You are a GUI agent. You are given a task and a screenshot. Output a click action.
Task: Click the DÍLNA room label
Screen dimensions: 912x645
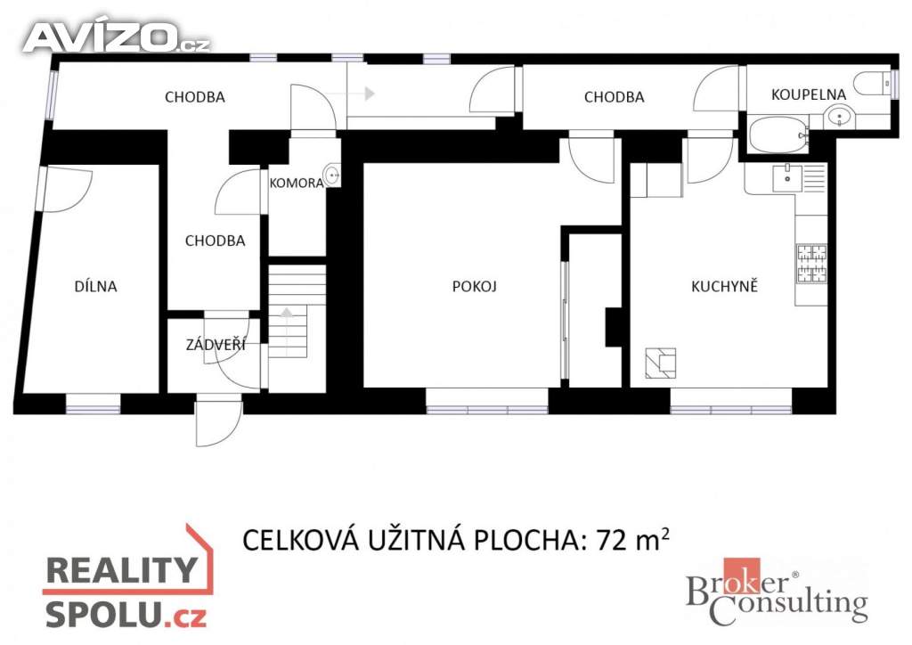pyautogui.click(x=96, y=286)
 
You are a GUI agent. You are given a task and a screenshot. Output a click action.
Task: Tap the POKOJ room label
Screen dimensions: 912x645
pyautogui.click(x=475, y=286)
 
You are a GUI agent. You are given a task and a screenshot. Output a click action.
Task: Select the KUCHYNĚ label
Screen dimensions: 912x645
pyautogui.click(x=724, y=286)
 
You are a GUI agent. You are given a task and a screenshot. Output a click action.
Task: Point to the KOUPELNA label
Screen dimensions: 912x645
pyautogui.click(x=809, y=94)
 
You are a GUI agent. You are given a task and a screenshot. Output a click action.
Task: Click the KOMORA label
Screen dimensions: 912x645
pyautogui.click(x=296, y=184)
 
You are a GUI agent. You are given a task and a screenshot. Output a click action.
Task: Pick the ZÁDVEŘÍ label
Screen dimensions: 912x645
pyautogui.click(x=216, y=344)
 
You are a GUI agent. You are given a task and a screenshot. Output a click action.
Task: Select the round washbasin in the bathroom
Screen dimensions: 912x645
pyautogui.click(x=839, y=117)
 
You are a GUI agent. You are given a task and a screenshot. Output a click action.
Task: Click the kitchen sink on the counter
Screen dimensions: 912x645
pyautogui.click(x=787, y=177)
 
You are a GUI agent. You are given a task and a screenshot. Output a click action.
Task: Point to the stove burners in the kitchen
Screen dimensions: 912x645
pyautogui.click(x=811, y=264)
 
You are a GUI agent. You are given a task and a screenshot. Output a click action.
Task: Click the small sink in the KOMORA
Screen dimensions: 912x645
pyautogui.click(x=333, y=174)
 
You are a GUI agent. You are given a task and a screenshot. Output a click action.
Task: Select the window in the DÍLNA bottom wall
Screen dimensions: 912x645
pyautogui.click(x=93, y=404)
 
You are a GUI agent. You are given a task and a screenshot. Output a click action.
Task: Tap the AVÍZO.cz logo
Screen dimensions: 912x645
pyautogui.click(x=117, y=37)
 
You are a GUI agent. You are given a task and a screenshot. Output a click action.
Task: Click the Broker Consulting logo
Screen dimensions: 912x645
pyautogui.click(x=777, y=592)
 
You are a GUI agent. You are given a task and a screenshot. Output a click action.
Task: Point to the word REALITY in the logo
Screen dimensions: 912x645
pyautogui.click(x=121, y=570)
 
